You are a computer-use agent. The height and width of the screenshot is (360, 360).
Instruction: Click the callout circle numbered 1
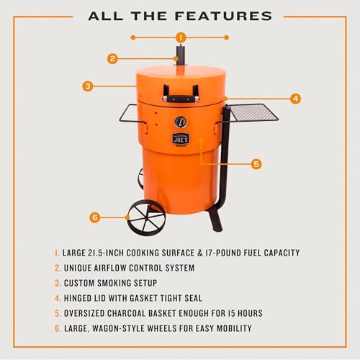point(180,37)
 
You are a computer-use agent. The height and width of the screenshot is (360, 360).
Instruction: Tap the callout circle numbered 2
point(112,59)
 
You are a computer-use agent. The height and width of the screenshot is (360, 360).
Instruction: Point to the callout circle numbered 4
point(295,98)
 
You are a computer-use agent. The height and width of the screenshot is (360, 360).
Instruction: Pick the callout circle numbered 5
point(256,163)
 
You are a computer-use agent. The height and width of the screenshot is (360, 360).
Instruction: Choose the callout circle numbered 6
point(94,217)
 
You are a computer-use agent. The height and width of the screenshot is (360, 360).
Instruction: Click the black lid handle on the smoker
point(180,96)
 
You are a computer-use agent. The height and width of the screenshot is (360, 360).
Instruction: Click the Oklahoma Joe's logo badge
point(180,140)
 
